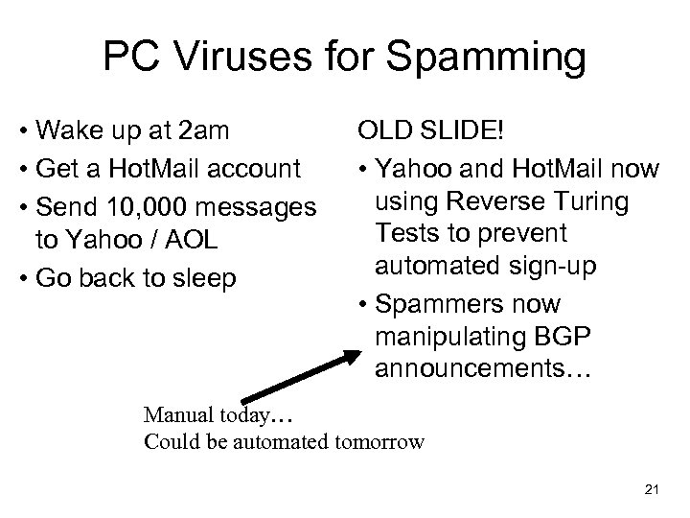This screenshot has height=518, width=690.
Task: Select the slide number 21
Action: [x=653, y=490]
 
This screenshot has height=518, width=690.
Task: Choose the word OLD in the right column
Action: [x=380, y=129]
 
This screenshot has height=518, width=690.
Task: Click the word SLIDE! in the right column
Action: [x=456, y=129]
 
